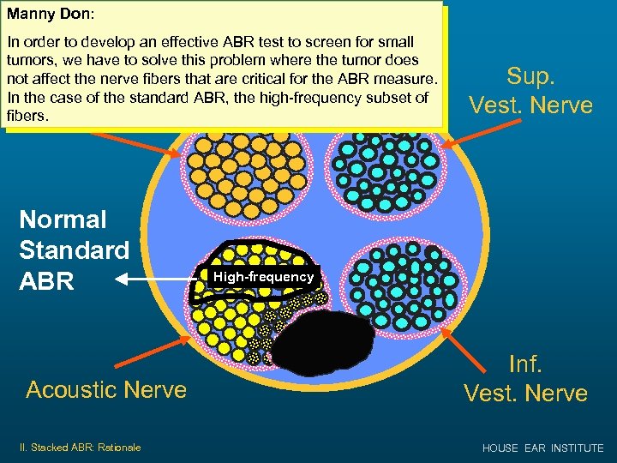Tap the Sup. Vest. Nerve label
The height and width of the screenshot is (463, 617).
(530, 89)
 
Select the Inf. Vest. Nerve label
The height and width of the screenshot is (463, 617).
(525, 378)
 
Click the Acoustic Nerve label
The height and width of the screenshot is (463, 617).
(106, 389)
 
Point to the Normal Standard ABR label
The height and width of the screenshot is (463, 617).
(74, 250)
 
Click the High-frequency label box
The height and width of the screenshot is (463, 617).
(263, 277)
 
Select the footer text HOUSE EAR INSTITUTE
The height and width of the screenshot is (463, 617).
(542, 448)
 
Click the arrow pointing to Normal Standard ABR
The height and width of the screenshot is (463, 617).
(159, 279)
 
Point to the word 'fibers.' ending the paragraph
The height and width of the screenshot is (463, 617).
(26, 115)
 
